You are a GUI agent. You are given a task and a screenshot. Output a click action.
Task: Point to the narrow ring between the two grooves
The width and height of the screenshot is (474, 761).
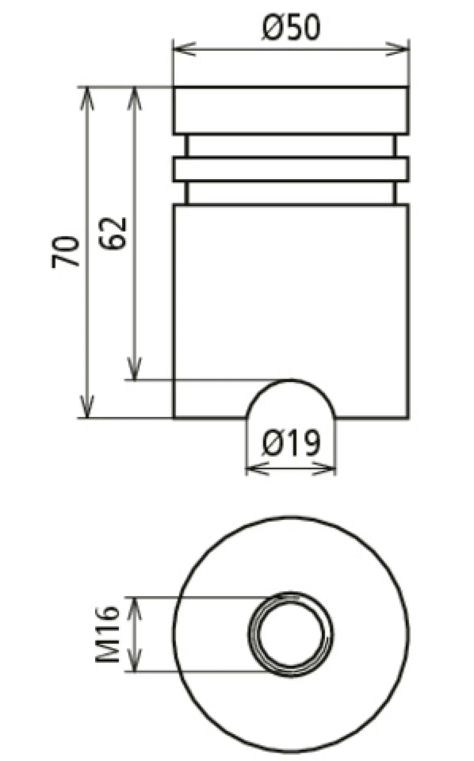[x=291, y=169]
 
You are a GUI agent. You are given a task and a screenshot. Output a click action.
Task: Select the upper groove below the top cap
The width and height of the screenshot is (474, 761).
[x=291, y=146]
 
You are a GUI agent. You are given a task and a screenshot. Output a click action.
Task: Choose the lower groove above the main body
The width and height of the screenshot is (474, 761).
[x=291, y=193]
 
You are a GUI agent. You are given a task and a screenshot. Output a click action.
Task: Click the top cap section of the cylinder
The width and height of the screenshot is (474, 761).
[x=291, y=110]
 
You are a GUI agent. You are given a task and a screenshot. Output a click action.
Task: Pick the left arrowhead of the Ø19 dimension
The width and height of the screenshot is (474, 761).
[x=255, y=469]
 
